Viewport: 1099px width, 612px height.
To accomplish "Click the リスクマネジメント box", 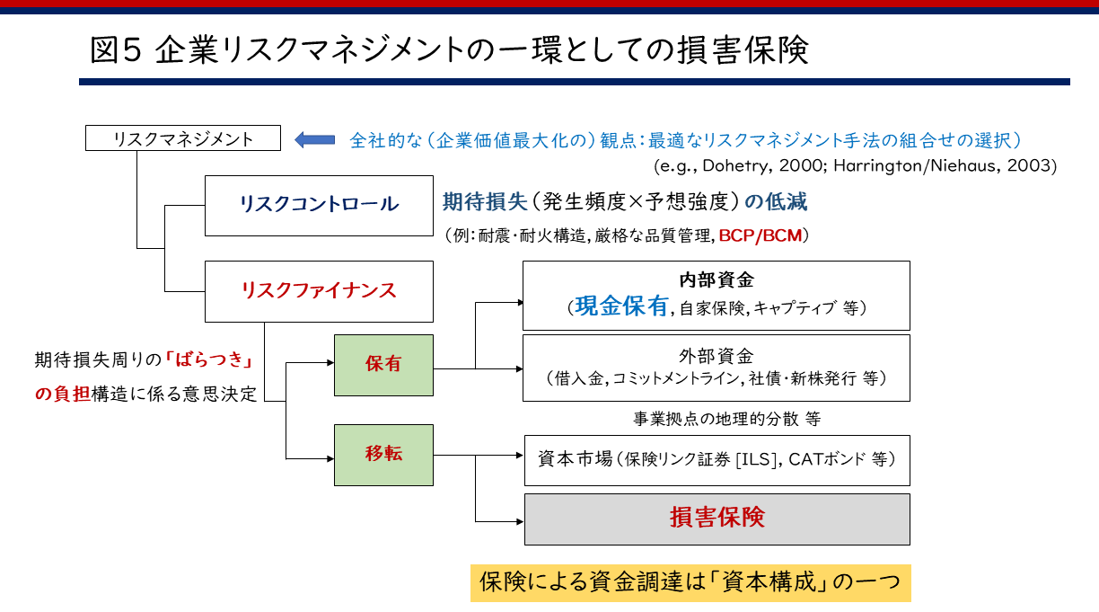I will [x=183, y=138].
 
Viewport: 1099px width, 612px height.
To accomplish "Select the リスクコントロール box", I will [x=319, y=204].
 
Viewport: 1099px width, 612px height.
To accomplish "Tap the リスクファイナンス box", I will [x=319, y=291].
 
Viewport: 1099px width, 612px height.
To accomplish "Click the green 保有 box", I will [x=383, y=365].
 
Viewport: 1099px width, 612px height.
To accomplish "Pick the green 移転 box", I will [x=383, y=454].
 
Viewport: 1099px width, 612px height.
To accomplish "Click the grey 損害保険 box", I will [x=717, y=519].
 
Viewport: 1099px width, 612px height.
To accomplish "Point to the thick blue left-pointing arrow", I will [x=314, y=139].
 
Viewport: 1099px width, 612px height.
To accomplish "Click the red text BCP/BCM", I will [x=764, y=235].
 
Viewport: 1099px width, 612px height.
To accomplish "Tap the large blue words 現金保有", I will [x=622, y=306].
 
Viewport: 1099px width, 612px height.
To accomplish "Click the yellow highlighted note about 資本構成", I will [x=690, y=582].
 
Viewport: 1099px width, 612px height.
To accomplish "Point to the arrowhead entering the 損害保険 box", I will [x=519, y=520].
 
